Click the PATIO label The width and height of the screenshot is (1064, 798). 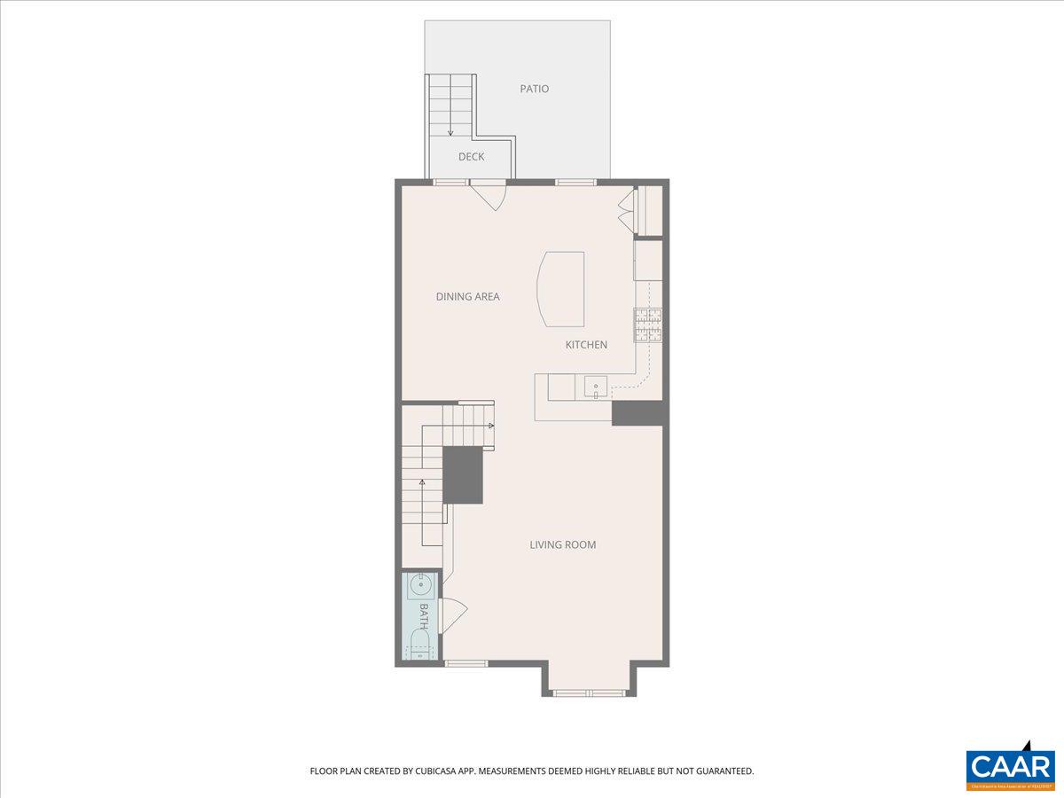pyautogui.click(x=534, y=89)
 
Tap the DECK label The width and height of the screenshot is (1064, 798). pyautogui.click(x=471, y=157)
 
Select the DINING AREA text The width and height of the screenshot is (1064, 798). pyautogui.click(x=467, y=296)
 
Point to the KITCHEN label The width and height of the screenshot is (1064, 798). pyautogui.click(x=586, y=344)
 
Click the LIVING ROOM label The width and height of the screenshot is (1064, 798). pyautogui.click(x=562, y=544)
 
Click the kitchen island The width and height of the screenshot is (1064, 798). pyautogui.click(x=561, y=288)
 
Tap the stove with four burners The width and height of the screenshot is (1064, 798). pyautogui.click(x=647, y=325)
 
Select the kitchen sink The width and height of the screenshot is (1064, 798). pyautogui.click(x=595, y=386)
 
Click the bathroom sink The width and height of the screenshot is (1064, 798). pyautogui.click(x=419, y=585)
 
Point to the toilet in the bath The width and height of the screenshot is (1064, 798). pyautogui.click(x=419, y=645)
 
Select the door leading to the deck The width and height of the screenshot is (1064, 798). pyautogui.click(x=487, y=194)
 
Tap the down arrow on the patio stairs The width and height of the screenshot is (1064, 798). pyautogui.click(x=450, y=130)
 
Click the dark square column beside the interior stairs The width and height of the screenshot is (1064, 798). pyautogui.click(x=462, y=475)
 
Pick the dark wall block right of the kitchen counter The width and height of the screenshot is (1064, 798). pyautogui.click(x=638, y=413)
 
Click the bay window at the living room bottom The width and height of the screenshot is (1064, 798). pyautogui.click(x=589, y=692)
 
